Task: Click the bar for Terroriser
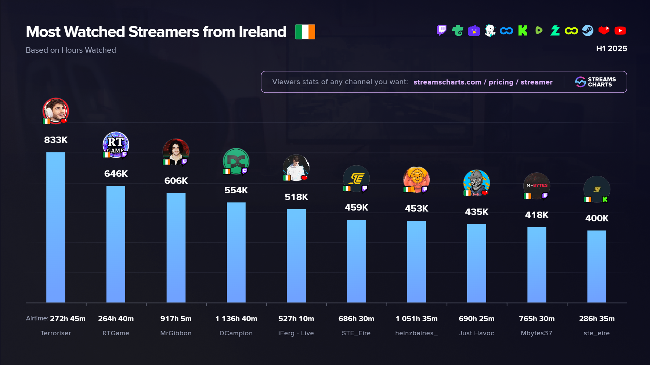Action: click(x=56, y=227)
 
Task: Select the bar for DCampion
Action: click(x=236, y=252)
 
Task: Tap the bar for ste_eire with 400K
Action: click(x=597, y=266)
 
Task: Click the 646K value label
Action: click(x=116, y=174)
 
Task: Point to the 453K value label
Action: click(x=416, y=209)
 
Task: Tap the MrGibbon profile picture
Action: click(x=176, y=152)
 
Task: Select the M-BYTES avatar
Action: click(x=537, y=186)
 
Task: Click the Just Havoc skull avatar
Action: click(x=476, y=183)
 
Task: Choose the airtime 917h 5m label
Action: click(x=176, y=319)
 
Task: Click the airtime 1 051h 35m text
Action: click(x=416, y=319)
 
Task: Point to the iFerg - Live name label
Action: click(x=296, y=333)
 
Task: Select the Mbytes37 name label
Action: click(x=536, y=333)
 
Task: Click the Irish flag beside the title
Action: click(x=305, y=32)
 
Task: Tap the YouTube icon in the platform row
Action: click(x=620, y=31)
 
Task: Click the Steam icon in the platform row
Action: click(x=587, y=31)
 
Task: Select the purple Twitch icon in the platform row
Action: click(x=441, y=31)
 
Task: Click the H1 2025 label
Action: click(x=611, y=49)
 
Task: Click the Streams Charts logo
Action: click(x=595, y=82)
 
